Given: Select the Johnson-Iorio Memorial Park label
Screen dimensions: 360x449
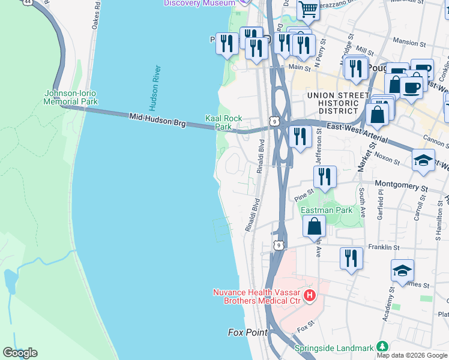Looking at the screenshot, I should pos(70,97).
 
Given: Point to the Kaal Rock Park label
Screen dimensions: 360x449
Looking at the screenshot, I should pos(223,122).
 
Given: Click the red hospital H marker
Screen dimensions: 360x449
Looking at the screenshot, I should pos(310,295).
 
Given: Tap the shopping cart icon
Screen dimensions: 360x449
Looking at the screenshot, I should pos(308,9).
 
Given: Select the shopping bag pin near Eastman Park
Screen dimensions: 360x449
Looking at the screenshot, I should pos(314,227).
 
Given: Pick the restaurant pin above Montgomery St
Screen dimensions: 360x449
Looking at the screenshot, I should pos(325,176).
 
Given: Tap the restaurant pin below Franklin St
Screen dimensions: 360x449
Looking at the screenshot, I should pos(351,258).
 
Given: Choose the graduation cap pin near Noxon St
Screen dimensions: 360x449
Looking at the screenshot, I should pos(423,160).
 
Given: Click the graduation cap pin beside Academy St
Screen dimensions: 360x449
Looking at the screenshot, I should pos(402,270).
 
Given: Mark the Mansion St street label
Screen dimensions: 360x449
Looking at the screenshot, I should pos(409,43).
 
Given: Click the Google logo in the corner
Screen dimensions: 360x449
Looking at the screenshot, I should pos(20,353).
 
